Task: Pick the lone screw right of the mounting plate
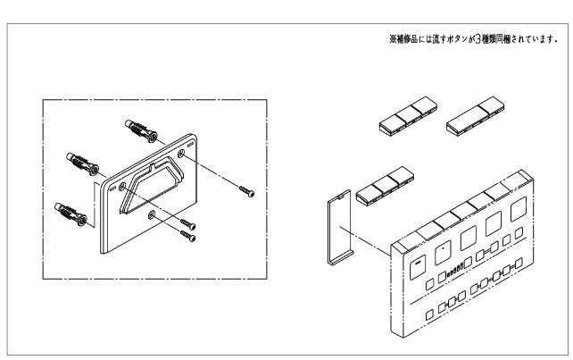pyautogui.click(x=247, y=189)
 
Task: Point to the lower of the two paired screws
pyautogui.click(x=188, y=235)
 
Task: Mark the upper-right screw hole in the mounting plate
pyautogui.click(x=182, y=155)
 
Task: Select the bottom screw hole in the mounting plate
pyautogui.click(x=151, y=215)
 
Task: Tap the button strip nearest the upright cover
pyautogui.click(x=382, y=187)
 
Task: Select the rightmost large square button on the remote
pyautogui.click(x=517, y=213)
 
